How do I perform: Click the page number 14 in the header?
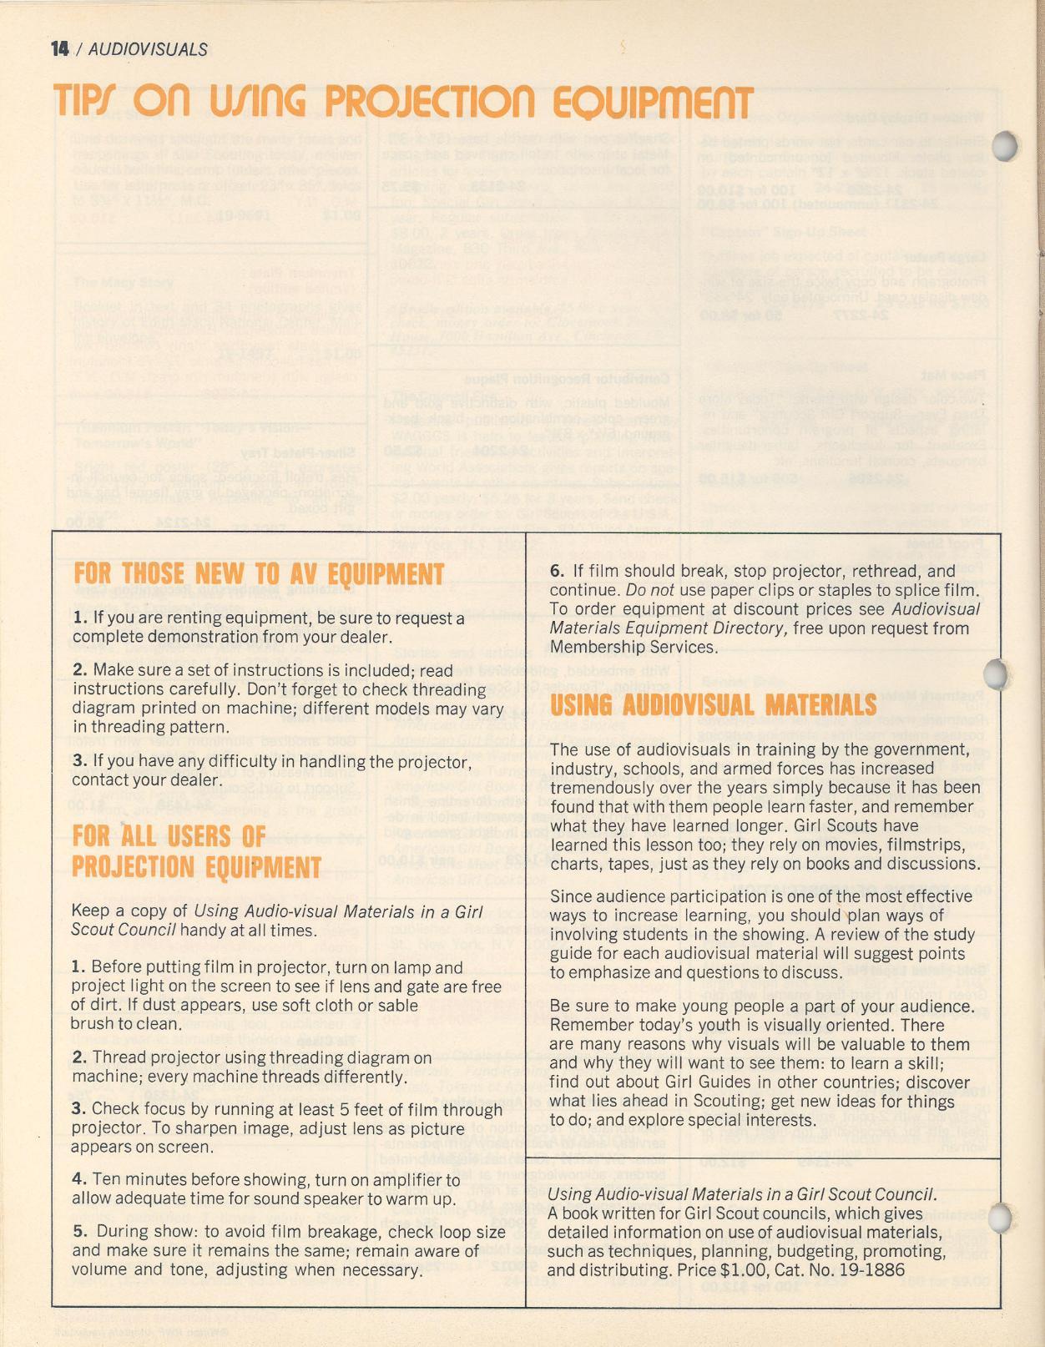[x=59, y=49]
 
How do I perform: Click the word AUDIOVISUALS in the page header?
[x=148, y=50]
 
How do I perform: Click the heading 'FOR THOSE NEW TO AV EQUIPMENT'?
[x=258, y=574]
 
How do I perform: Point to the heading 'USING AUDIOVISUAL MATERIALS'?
[x=713, y=705]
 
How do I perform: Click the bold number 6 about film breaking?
[x=556, y=572]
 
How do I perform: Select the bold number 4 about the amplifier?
[x=78, y=1180]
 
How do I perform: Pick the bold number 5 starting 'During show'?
[x=79, y=1232]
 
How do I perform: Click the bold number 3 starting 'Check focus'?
[x=78, y=1109]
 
